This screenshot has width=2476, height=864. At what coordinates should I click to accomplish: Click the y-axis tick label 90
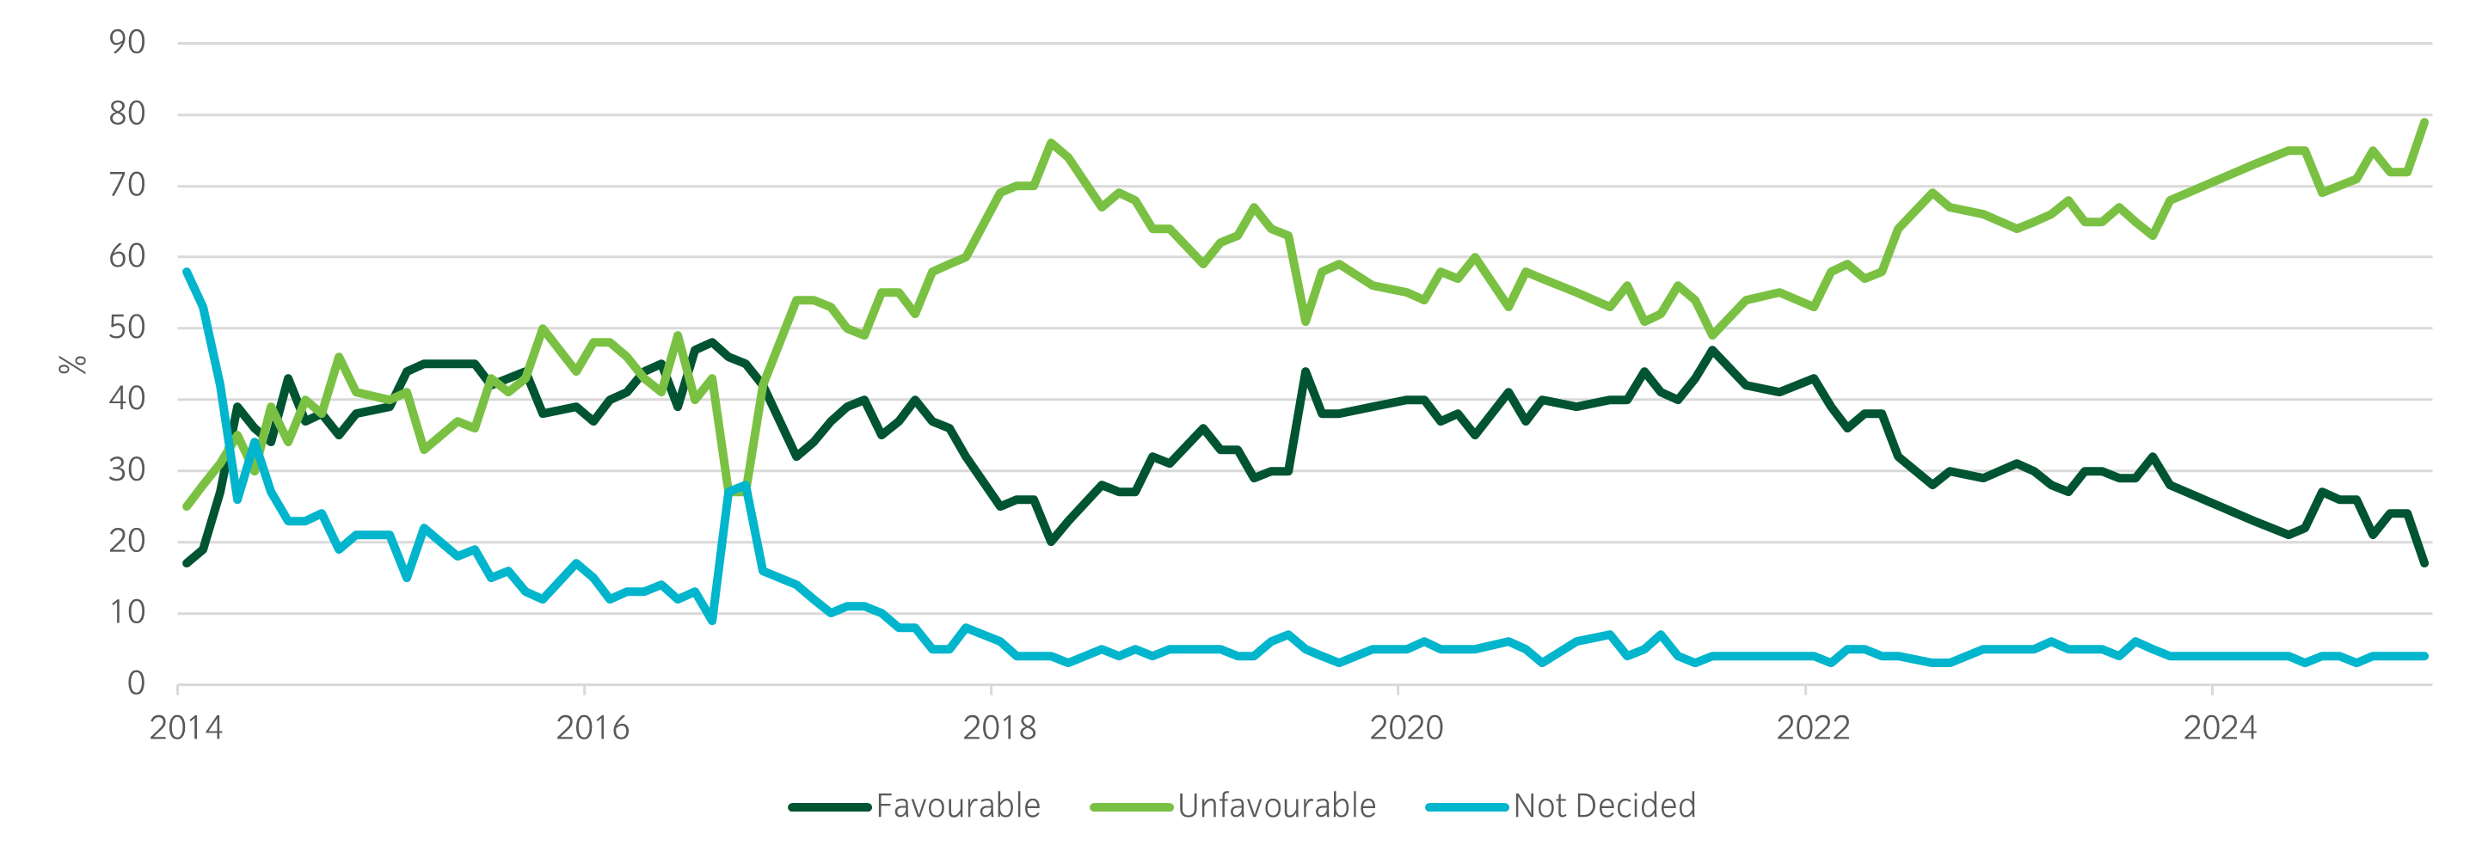(127, 43)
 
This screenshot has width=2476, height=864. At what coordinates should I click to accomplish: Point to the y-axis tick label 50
(127, 328)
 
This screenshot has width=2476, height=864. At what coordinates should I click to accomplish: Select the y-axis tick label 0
(136, 684)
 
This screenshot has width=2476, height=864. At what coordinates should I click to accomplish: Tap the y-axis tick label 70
(127, 186)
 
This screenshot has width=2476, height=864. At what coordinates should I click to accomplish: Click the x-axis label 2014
(186, 728)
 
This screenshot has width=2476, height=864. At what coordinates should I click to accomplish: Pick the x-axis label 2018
(999, 728)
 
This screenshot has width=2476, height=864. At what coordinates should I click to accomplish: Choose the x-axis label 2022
(1813, 728)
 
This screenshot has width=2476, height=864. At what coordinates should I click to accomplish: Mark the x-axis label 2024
(2220, 728)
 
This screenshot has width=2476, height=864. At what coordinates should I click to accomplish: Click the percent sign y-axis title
(73, 365)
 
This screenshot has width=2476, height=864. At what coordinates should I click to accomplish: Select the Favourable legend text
(957, 806)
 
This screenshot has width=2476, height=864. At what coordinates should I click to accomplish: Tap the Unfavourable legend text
(1276, 806)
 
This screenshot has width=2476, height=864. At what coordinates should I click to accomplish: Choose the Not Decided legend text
(1604, 806)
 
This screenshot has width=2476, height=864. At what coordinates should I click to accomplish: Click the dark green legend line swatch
(830, 807)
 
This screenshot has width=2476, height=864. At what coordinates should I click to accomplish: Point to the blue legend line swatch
(1466, 807)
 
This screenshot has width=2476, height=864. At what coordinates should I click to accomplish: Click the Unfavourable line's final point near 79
(2425, 122)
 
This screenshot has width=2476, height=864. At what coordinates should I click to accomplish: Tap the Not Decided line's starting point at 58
(187, 272)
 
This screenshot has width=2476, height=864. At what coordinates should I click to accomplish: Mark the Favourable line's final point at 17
(2425, 563)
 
